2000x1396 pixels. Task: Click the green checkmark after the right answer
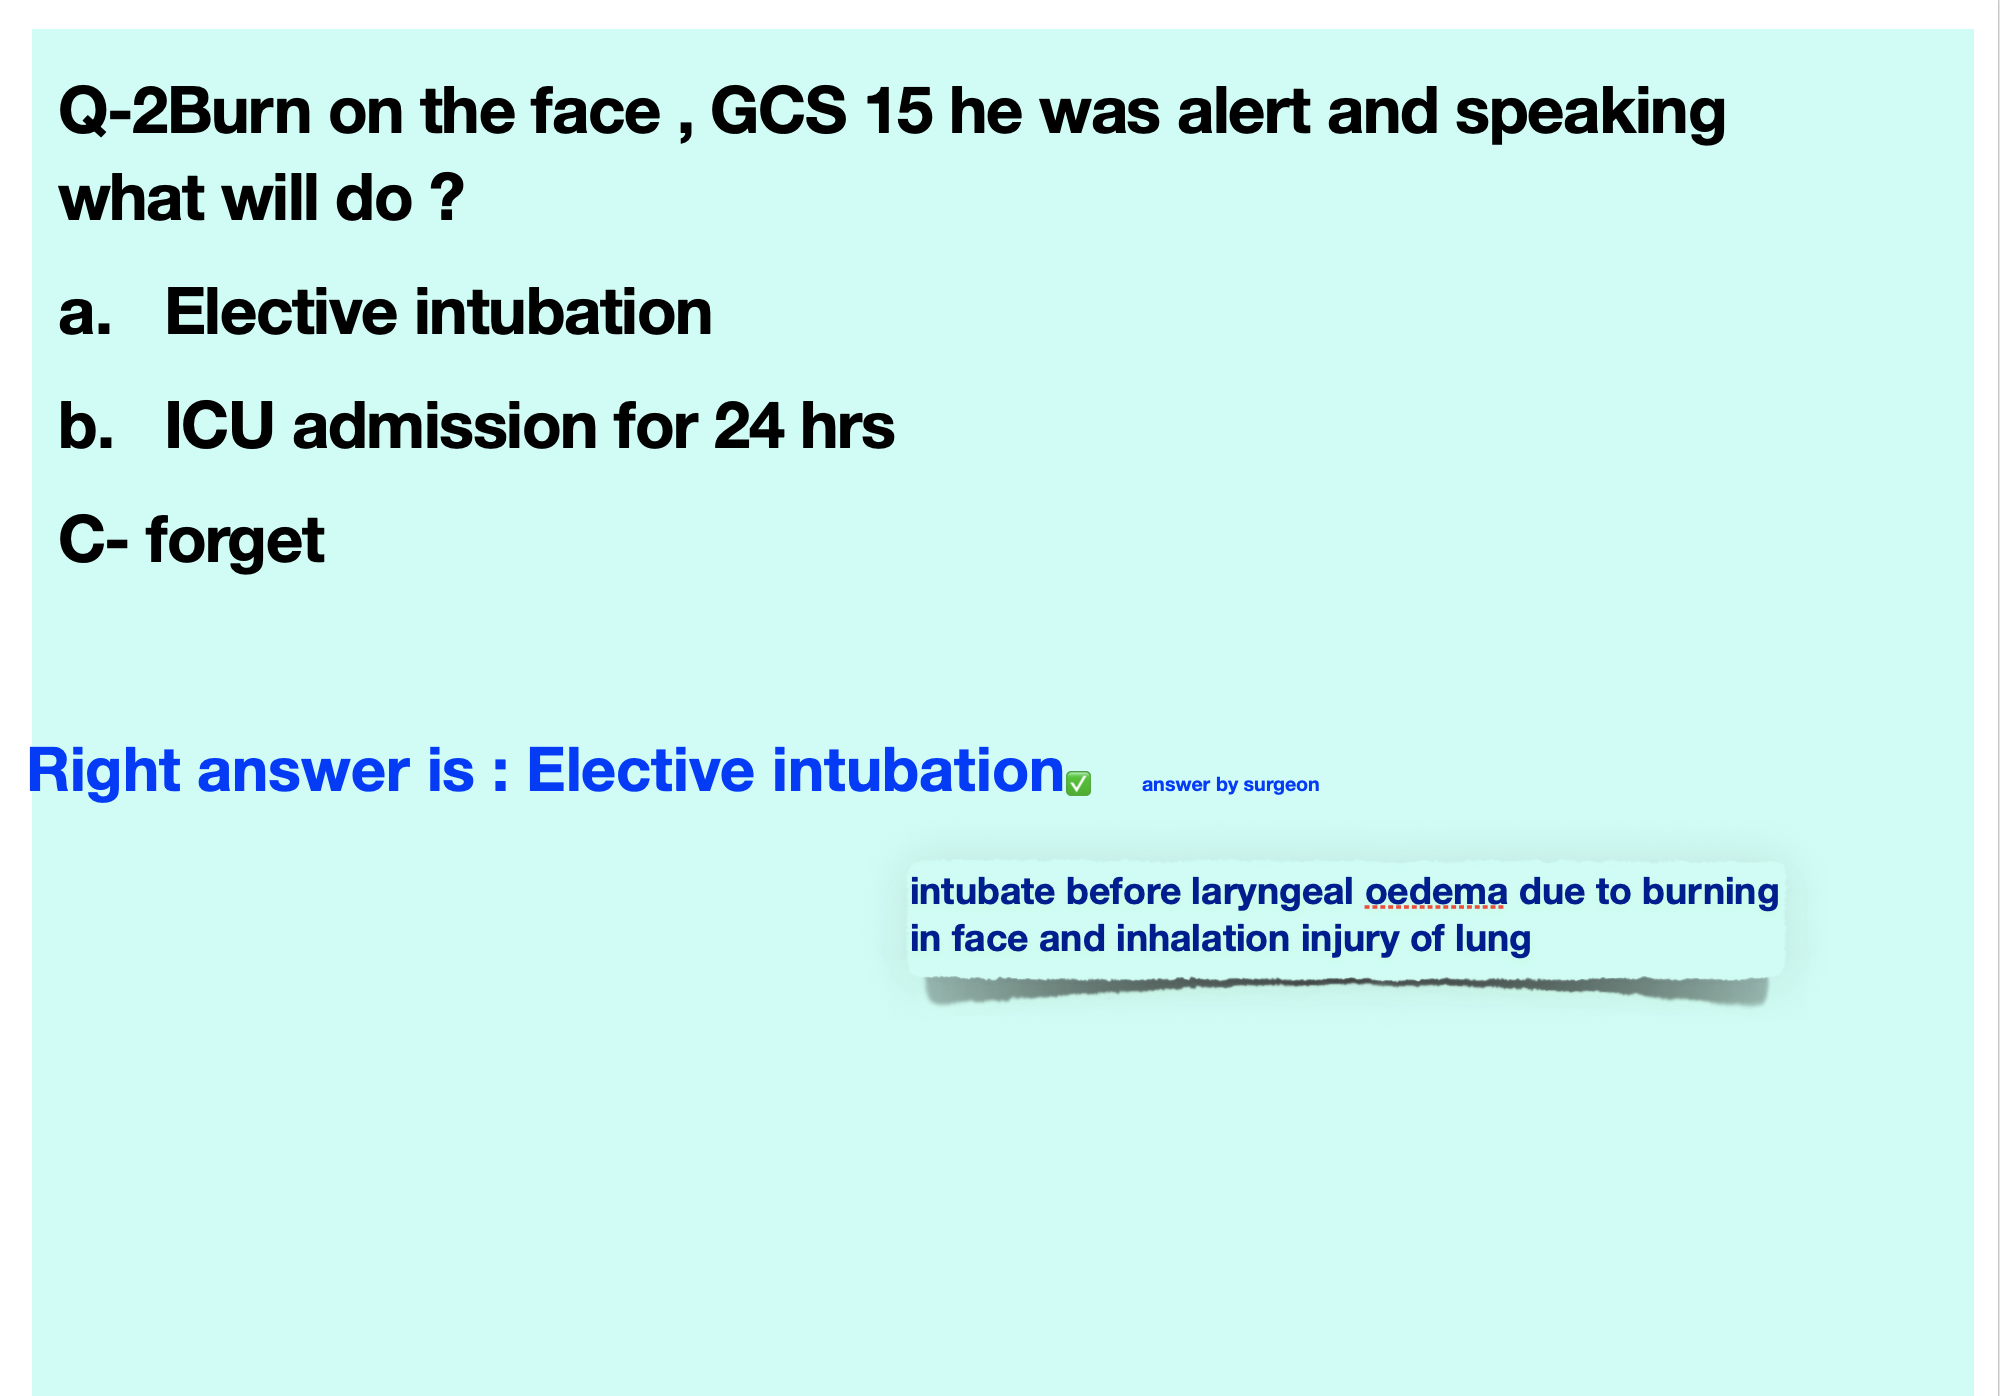coord(1078,784)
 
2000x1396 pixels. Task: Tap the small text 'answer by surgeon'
coord(1230,785)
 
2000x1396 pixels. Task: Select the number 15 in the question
coord(898,111)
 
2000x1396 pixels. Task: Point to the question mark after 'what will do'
coord(447,197)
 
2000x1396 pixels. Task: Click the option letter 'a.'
coord(85,314)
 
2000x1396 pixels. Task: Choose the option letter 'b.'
coord(86,426)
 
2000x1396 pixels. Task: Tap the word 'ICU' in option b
coord(219,427)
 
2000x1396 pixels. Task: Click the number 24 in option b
coord(748,427)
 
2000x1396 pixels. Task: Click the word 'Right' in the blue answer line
coord(104,772)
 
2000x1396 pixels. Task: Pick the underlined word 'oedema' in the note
coord(1436,891)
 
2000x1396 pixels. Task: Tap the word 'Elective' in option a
coord(281,312)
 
